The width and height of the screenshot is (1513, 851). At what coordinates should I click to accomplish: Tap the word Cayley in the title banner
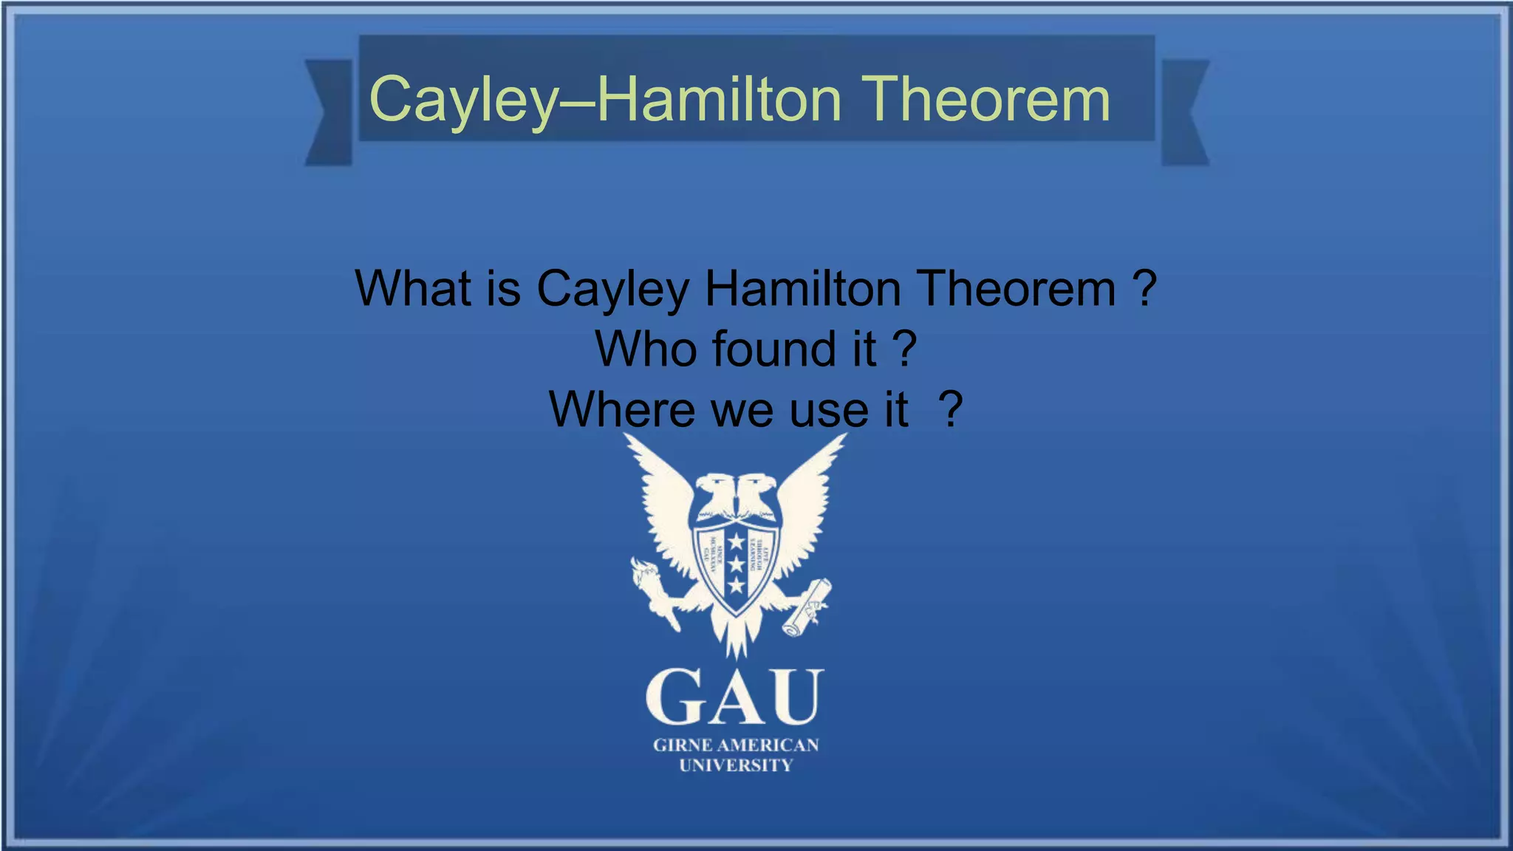click(463, 101)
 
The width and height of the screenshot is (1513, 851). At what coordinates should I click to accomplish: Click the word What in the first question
click(413, 288)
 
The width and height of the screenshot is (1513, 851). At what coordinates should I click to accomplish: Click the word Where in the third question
click(622, 409)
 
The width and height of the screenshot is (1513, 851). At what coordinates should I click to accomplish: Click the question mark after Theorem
click(1144, 288)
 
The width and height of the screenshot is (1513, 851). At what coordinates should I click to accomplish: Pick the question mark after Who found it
click(905, 349)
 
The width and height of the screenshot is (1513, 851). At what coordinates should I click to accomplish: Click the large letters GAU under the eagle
click(734, 697)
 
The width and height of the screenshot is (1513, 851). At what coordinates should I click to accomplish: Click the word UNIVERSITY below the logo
click(736, 766)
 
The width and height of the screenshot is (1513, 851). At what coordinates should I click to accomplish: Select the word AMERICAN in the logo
click(768, 745)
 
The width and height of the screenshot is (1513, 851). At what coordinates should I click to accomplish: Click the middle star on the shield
click(737, 564)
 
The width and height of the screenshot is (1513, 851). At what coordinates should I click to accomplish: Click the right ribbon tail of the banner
click(1184, 112)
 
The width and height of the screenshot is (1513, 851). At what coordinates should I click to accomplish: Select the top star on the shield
click(737, 542)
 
